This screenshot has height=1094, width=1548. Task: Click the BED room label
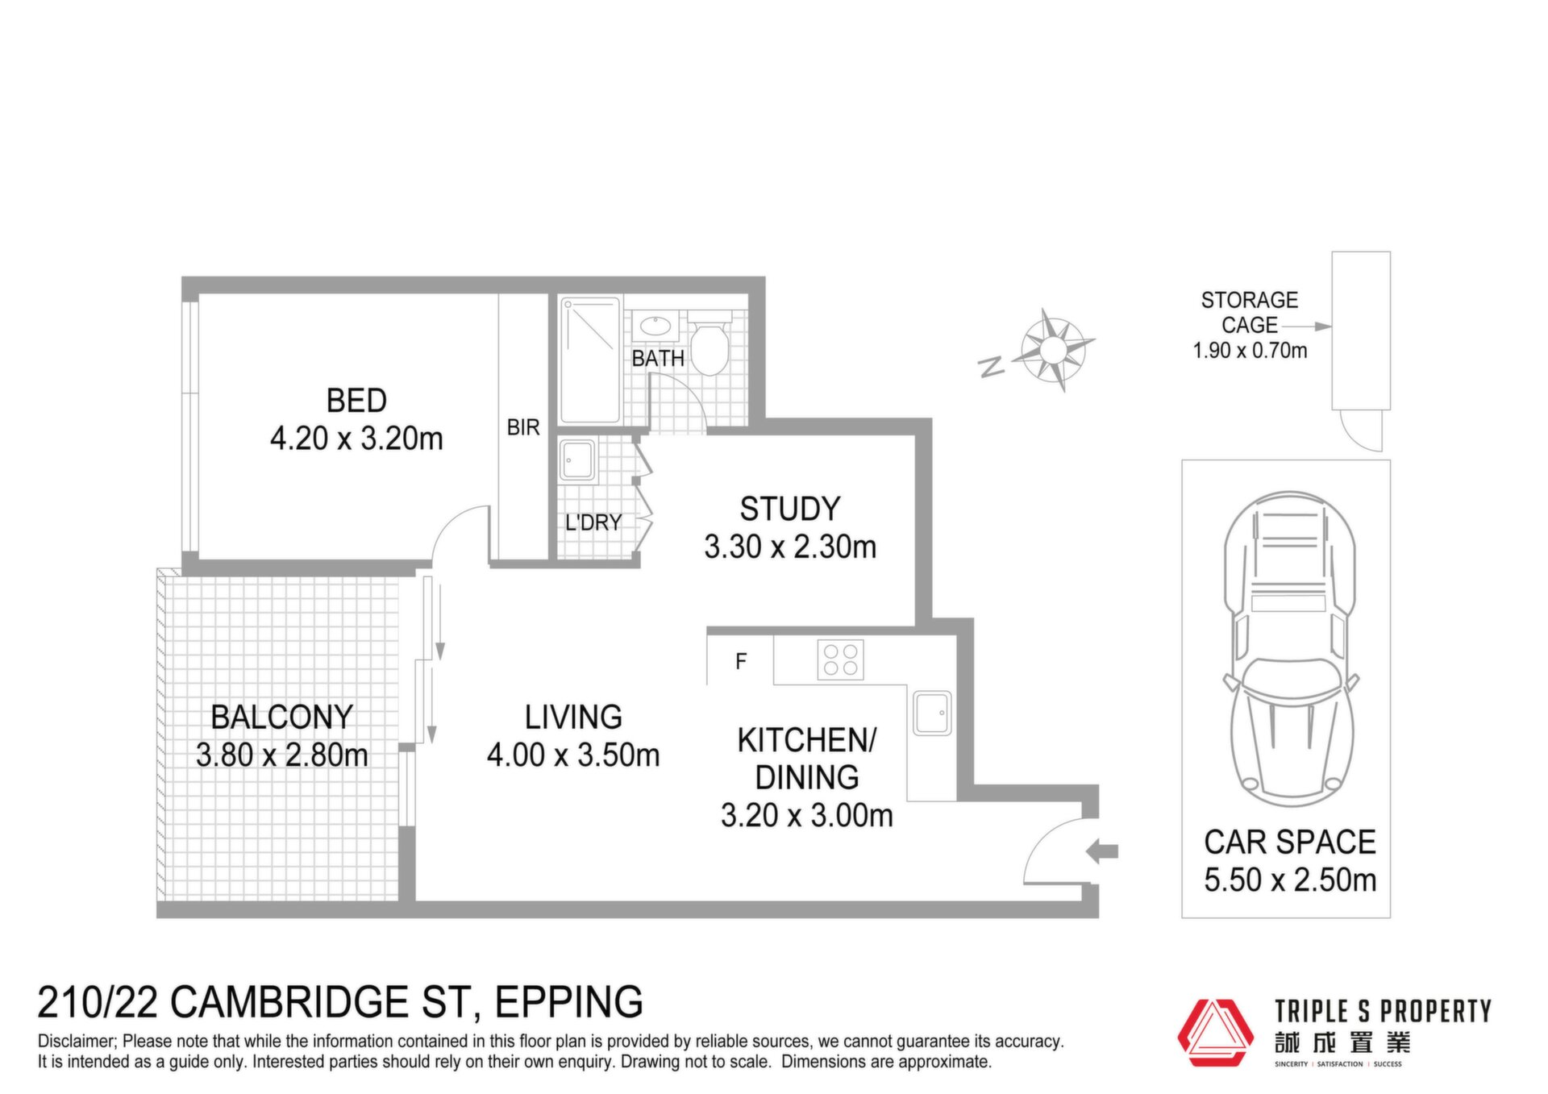(356, 401)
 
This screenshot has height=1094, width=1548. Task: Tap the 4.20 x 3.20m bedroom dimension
(356, 439)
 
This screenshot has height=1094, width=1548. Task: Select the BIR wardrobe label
(523, 427)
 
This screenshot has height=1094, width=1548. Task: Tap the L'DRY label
(593, 522)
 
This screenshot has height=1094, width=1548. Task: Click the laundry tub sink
(578, 460)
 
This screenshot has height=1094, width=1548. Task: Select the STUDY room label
(790, 509)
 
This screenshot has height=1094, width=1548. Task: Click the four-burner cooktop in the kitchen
(840, 659)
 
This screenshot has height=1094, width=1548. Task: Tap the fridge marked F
(741, 662)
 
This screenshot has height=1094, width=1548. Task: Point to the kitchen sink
(932, 713)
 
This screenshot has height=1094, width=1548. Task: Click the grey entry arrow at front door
(1102, 851)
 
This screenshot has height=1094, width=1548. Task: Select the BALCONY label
(281, 717)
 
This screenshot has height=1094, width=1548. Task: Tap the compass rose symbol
(1054, 350)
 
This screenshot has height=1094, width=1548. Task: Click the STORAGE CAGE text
(1250, 313)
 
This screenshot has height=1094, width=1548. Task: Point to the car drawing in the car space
(1290, 649)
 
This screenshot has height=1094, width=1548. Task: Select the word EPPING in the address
(569, 1002)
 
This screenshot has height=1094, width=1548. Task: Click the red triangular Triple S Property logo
(1216, 1034)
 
